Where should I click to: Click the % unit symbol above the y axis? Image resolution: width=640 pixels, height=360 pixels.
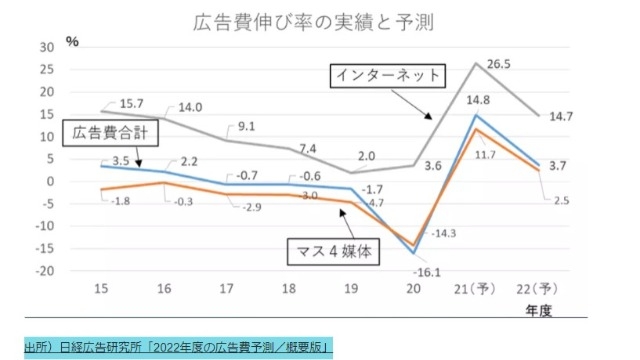tap(71, 40)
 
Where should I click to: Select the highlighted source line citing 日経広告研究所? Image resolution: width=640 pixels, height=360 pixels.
tap(177, 347)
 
